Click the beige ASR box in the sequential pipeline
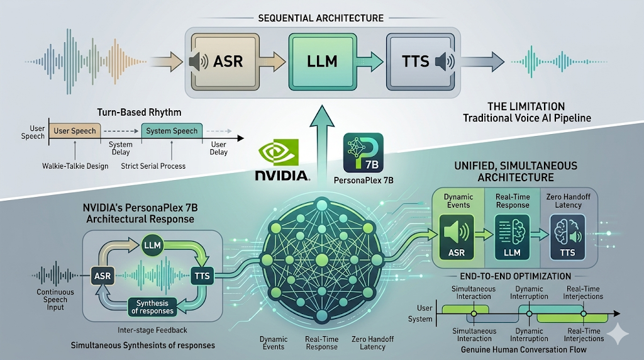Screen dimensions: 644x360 tap(225, 62)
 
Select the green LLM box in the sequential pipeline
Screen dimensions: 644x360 tap(323, 62)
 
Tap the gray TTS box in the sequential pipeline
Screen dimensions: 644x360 tap(420, 62)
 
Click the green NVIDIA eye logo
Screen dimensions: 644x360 tap(279, 152)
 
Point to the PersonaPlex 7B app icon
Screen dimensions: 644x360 tap(363, 152)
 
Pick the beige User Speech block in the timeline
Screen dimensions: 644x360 tap(75, 131)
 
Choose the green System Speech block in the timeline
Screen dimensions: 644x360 tap(172, 131)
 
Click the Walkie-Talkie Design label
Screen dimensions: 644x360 tap(75, 166)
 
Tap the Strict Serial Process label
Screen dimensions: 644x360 tap(153, 166)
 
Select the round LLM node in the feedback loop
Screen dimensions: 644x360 tap(152, 245)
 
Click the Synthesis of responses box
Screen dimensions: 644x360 tap(152, 307)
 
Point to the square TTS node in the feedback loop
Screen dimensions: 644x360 tap(202, 276)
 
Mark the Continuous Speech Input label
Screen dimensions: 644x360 tap(55, 300)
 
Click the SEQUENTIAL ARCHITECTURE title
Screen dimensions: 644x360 tap(321, 18)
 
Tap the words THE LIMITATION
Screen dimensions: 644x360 tap(526, 106)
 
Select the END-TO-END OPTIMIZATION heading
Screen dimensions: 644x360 tap(516, 276)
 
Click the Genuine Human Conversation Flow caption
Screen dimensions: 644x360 tap(524, 350)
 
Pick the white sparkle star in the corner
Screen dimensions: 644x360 tap(618, 334)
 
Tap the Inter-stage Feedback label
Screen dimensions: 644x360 tap(152, 330)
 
